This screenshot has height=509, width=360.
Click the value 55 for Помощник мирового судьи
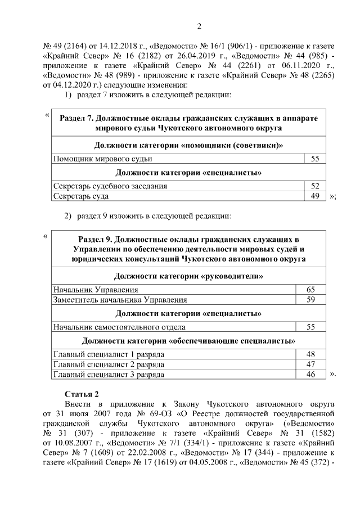(x=315, y=159)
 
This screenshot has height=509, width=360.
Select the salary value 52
(x=315, y=186)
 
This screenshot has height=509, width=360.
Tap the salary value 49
(x=315, y=196)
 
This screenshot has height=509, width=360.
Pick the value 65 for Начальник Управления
(x=310, y=290)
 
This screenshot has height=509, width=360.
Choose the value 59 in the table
(x=310, y=300)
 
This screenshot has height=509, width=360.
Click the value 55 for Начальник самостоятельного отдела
(x=310, y=326)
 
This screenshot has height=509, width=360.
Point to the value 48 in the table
(x=310, y=354)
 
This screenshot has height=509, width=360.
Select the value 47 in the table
(x=310, y=364)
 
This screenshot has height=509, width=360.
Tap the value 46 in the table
(x=310, y=374)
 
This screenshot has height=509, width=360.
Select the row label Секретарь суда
(x=81, y=196)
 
